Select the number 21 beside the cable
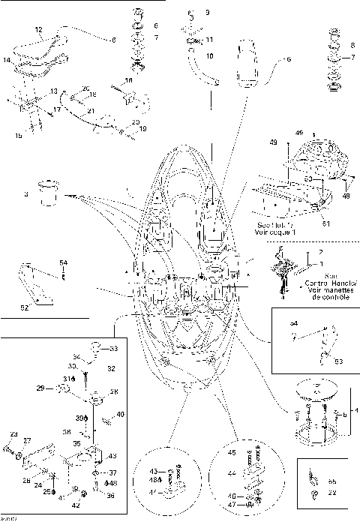[x=91, y=111]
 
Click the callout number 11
[x=209, y=40]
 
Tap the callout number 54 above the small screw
[x=63, y=262]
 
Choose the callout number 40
[x=121, y=415]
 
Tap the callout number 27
[x=27, y=440]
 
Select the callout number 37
[x=112, y=473]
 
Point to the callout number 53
[x=338, y=361]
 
